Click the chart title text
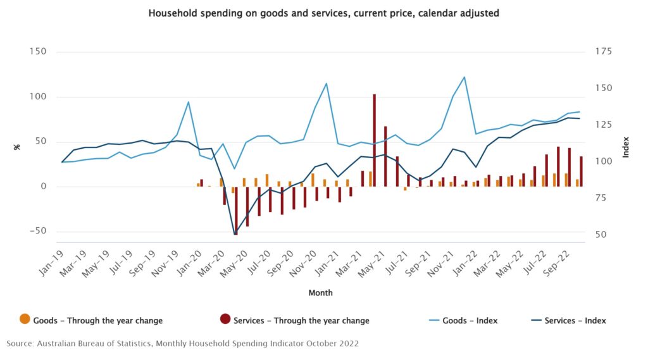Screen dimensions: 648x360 [323, 13]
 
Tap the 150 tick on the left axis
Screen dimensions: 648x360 [37, 52]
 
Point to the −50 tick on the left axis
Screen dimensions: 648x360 [38, 231]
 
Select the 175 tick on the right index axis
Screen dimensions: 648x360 [603, 52]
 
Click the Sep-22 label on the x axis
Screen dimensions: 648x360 [557, 263]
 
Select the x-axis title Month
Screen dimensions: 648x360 [320, 293]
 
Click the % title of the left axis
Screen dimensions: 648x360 [17, 147]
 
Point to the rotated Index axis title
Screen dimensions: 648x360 [626, 147]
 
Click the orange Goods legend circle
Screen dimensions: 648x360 [25, 319]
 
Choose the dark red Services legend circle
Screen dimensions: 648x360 [225, 319]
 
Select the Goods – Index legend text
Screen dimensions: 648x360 [470, 321]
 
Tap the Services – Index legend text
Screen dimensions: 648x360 [575, 321]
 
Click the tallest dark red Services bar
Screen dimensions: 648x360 [375, 140]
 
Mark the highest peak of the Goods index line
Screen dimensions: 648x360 [464, 77]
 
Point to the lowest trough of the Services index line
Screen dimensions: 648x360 [235, 234]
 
